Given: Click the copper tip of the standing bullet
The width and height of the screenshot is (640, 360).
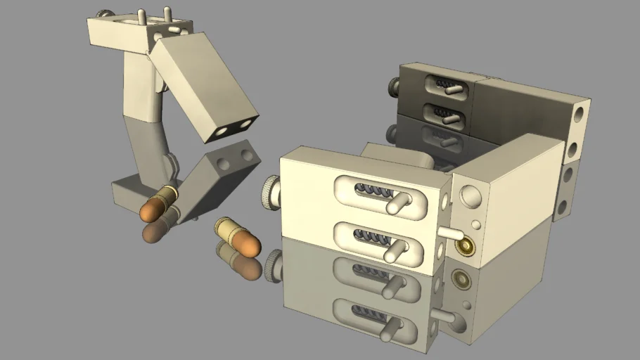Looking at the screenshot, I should [x=151, y=209].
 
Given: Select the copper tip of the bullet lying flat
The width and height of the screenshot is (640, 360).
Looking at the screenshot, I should [x=247, y=243].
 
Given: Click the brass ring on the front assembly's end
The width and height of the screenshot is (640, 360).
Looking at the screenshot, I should [x=465, y=245].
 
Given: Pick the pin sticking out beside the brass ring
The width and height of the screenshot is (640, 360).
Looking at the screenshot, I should [x=448, y=232].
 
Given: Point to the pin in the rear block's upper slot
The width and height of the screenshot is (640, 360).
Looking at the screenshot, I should [x=454, y=89].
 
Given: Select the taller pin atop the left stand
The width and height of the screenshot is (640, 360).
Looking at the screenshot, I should [x=167, y=14].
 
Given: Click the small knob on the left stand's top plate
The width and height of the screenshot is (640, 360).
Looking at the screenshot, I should [x=105, y=13].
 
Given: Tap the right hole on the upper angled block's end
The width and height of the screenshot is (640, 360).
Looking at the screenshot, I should [x=245, y=124].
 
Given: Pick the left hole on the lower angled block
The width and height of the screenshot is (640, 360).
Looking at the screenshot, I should [x=223, y=165].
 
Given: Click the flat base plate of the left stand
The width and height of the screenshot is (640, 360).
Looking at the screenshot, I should [x=127, y=193].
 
